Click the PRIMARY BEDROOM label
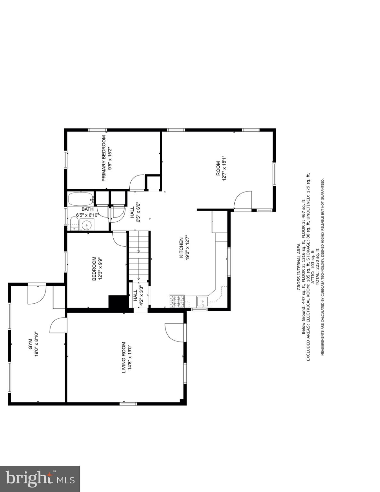tap(103, 158)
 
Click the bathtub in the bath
tap(80, 199)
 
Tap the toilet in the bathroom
tap(74, 223)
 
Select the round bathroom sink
tap(87, 225)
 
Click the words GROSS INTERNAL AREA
tap(298, 267)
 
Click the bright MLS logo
tap(40, 479)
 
